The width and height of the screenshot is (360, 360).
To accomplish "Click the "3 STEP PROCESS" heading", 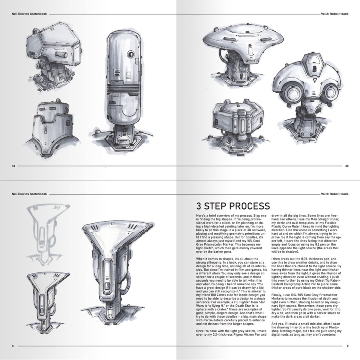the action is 233,206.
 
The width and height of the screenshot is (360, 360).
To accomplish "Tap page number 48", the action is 14,166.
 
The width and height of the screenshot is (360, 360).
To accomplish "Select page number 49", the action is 347,166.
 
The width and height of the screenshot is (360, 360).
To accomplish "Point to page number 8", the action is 13,346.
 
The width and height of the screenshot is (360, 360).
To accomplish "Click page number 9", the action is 348,346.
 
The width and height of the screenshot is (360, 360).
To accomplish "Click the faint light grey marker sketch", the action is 47,234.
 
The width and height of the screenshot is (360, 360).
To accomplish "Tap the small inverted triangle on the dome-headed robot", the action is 315,80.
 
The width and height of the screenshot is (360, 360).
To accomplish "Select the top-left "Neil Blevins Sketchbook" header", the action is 29,14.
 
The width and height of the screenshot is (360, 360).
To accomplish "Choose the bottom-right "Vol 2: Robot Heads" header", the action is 334,194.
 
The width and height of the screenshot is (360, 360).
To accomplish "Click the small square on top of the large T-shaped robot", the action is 112,223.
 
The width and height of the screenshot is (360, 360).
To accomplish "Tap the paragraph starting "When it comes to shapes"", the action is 232,291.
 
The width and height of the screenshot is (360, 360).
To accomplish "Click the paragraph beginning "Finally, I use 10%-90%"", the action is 306,306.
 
